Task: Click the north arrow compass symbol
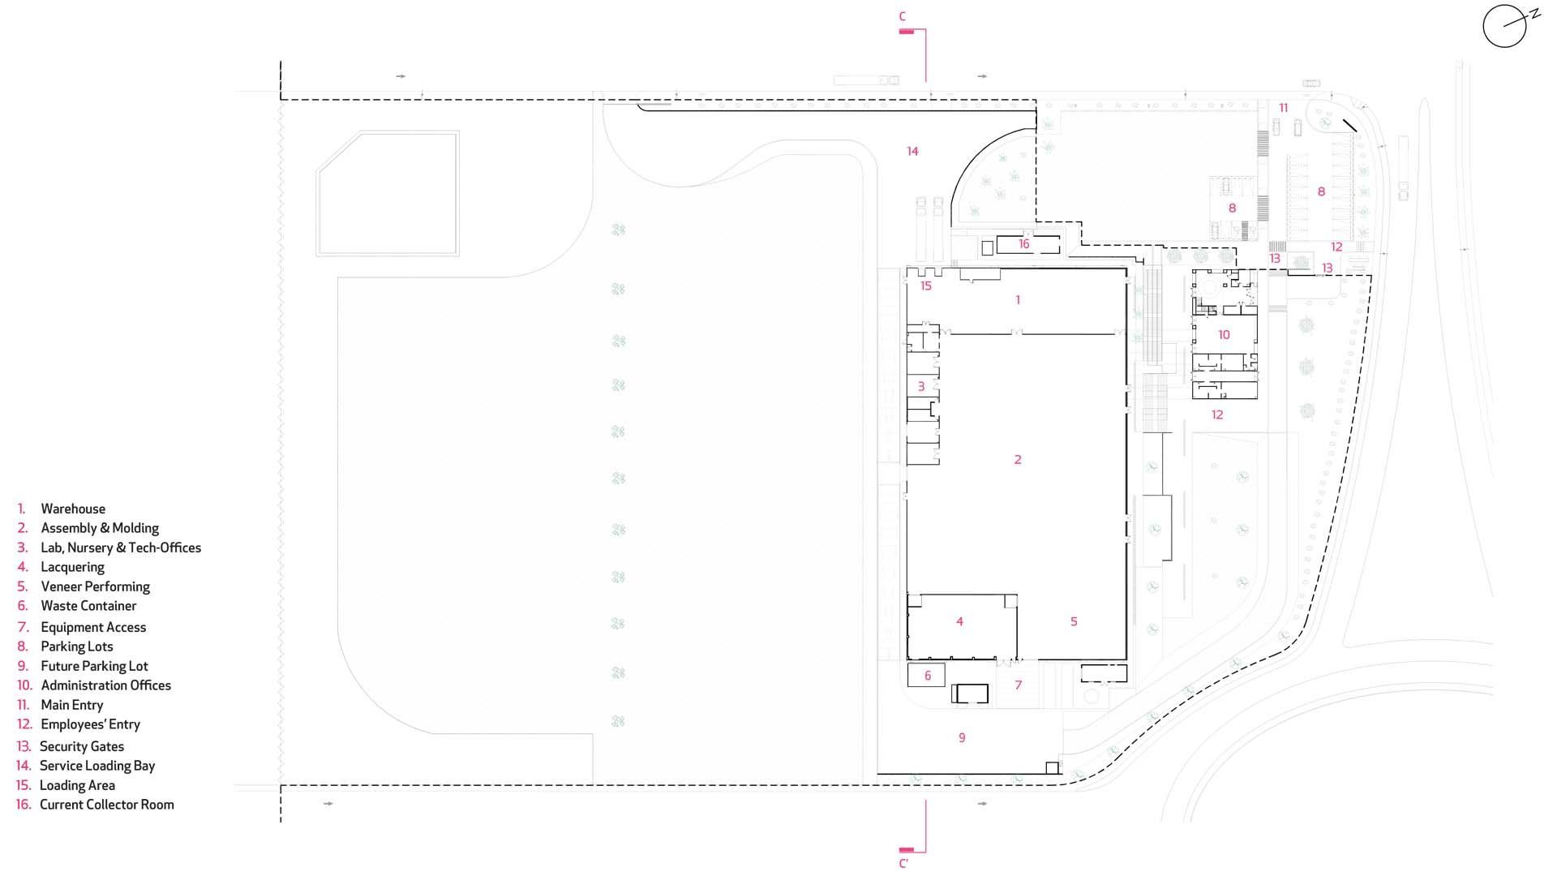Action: [x=1506, y=26]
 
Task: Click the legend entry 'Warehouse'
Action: [x=73, y=509]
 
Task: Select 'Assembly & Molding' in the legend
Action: [x=100, y=528]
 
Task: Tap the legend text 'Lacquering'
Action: [x=72, y=567]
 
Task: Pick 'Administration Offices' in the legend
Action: [x=105, y=685]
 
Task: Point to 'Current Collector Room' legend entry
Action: [x=107, y=805]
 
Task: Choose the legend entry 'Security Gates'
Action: [x=82, y=746]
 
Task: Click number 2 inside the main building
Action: [x=1018, y=460]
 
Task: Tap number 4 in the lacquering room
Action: [x=959, y=621]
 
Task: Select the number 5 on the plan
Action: [x=1074, y=621]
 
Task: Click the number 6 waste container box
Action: [x=928, y=675]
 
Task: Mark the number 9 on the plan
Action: [x=962, y=737]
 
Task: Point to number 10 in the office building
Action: [x=1224, y=334]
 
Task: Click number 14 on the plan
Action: [x=912, y=151]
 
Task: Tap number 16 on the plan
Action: [x=1023, y=243]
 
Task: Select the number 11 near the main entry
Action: [x=1283, y=108]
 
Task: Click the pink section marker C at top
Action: [x=903, y=16]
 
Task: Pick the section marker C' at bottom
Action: [x=903, y=864]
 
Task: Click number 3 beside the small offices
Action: [x=920, y=387]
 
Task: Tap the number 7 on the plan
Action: [x=1019, y=685]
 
